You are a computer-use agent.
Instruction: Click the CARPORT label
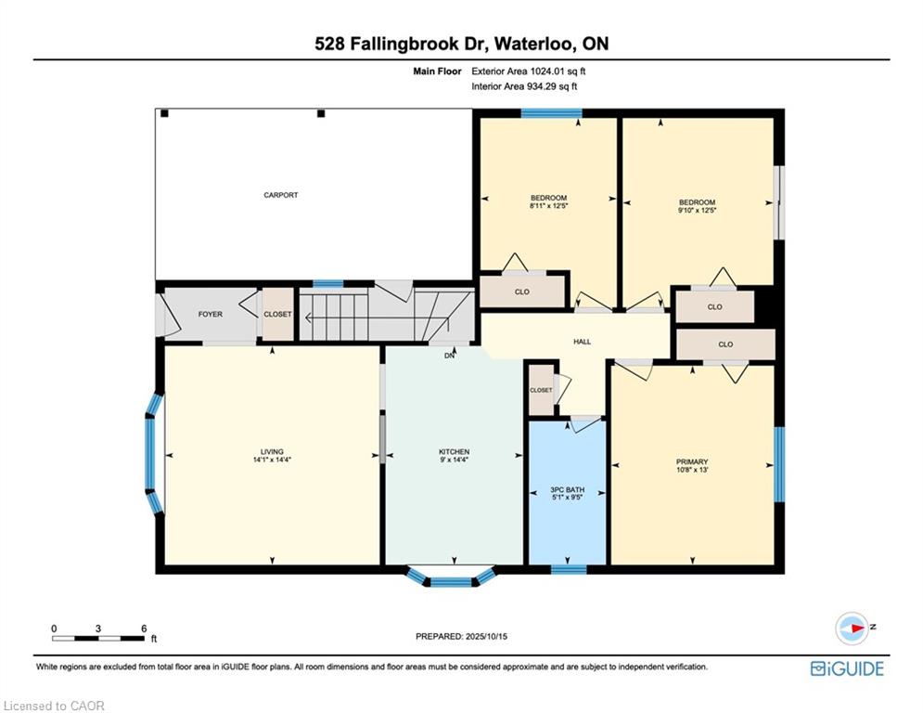(x=280, y=195)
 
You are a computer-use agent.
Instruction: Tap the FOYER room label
(x=210, y=315)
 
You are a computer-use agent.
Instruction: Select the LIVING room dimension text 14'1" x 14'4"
(x=272, y=460)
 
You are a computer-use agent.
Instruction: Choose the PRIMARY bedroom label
(x=692, y=461)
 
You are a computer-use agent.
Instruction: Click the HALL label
(x=582, y=342)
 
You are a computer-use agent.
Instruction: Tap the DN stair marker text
(x=450, y=356)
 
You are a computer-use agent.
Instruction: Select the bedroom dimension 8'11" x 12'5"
(x=548, y=207)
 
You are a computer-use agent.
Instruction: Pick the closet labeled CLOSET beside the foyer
(x=277, y=315)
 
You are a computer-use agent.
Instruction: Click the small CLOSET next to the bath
(x=541, y=390)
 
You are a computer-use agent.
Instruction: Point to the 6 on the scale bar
(x=143, y=629)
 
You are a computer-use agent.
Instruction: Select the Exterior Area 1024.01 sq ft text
(x=529, y=71)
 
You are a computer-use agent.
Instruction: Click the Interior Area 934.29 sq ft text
(x=526, y=86)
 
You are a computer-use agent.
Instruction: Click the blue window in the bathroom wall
(x=567, y=568)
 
